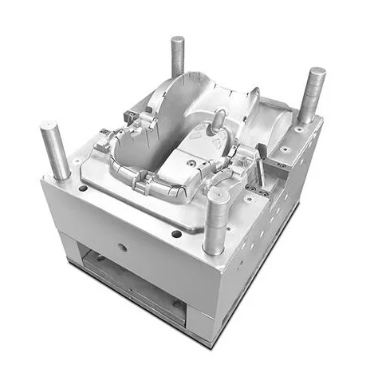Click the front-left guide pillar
55,152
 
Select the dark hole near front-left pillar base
83,189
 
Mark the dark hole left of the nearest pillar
175,234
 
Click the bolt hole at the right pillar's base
298,129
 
